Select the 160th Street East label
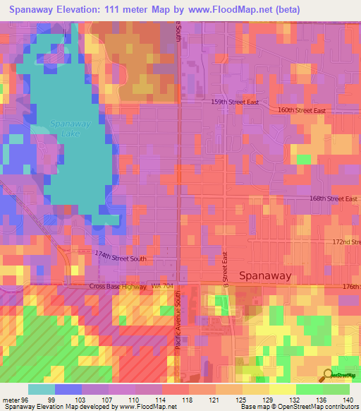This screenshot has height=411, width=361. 301,110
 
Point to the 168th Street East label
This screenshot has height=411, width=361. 334,198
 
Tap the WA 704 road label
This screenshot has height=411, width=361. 161,286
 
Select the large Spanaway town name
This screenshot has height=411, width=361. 265,276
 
